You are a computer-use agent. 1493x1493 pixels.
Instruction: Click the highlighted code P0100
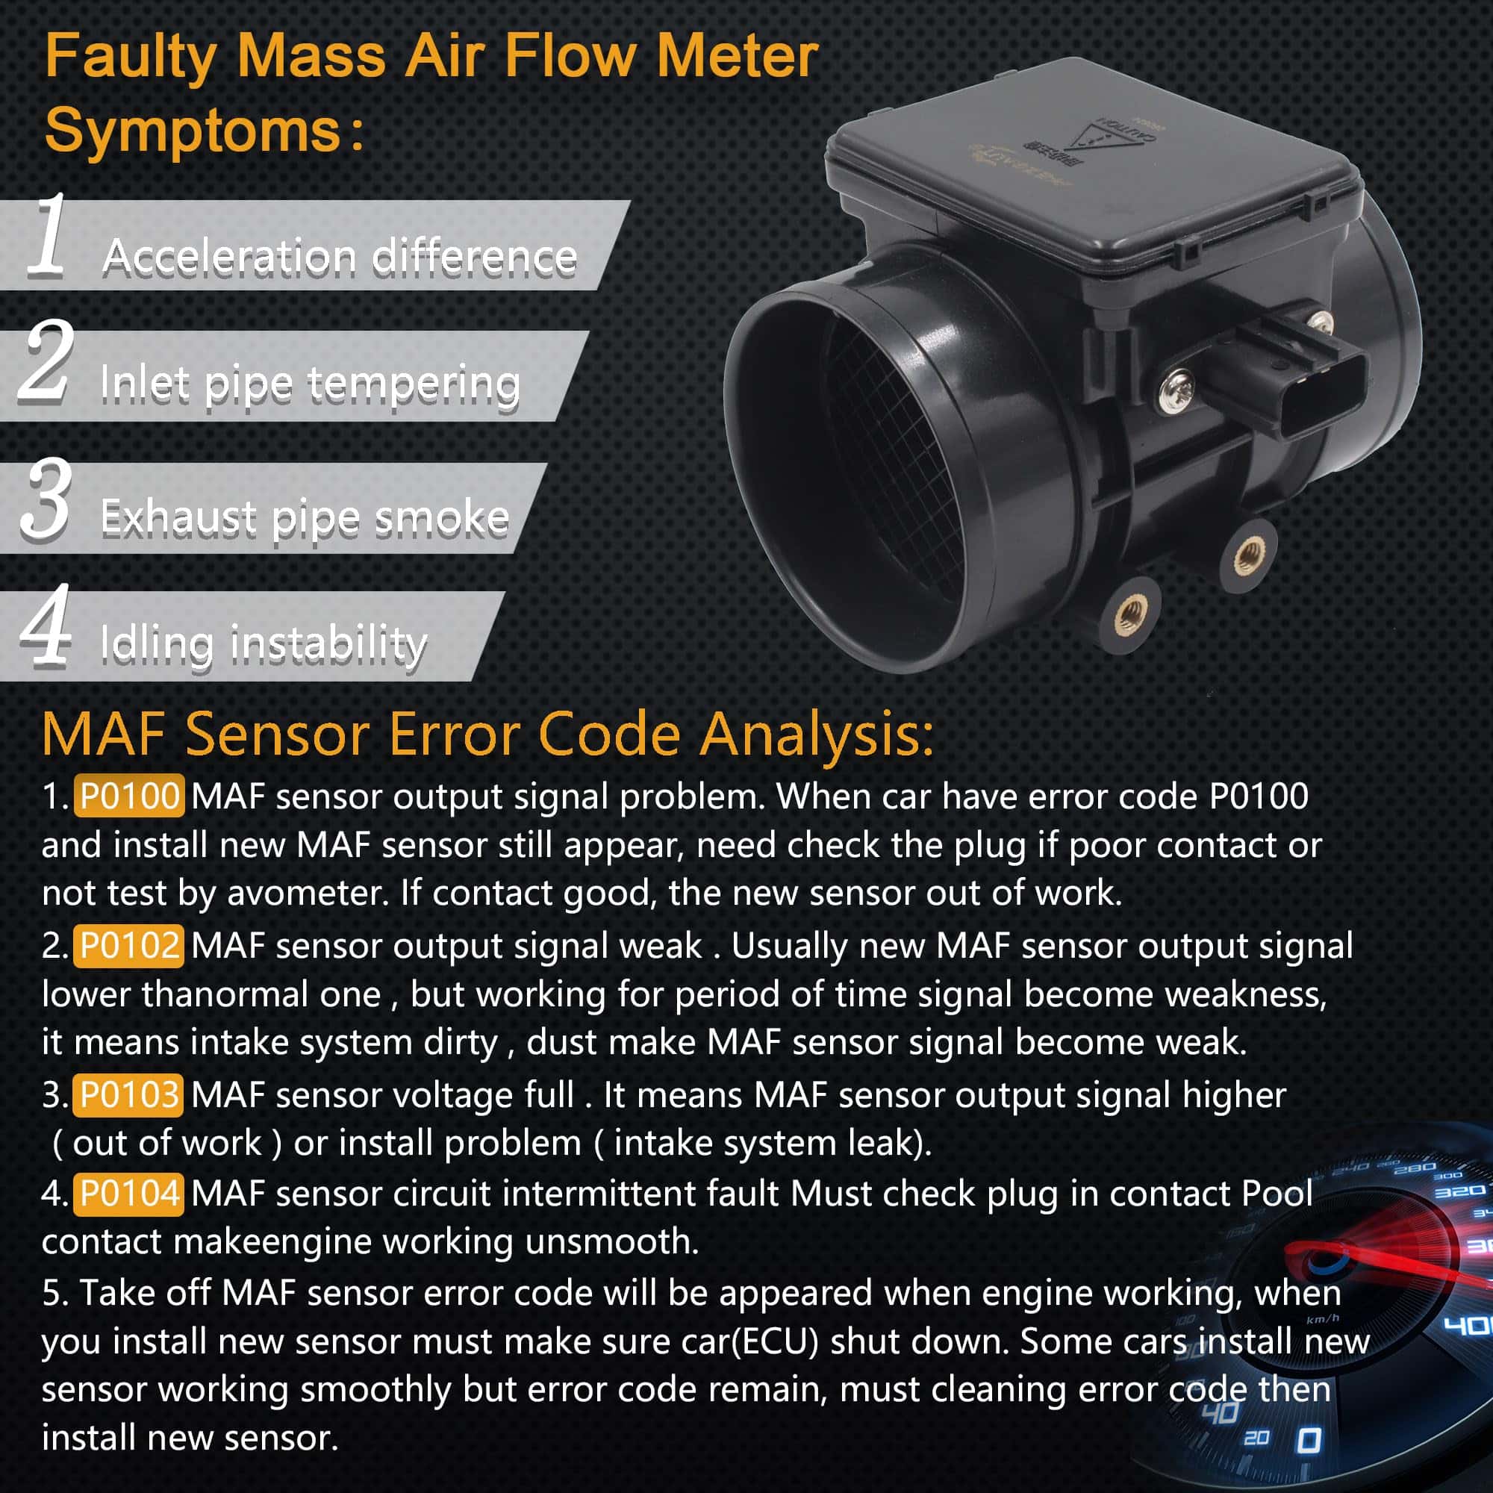(x=129, y=796)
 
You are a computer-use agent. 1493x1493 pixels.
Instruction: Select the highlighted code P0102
(x=129, y=946)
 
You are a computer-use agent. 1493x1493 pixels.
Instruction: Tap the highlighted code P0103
(x=129, y=1095)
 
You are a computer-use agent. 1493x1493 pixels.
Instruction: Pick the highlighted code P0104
(x=129, y=1194)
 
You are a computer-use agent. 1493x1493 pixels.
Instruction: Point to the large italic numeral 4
(x=46, y=626)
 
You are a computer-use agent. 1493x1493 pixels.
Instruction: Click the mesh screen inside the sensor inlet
(x=897, y=464)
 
